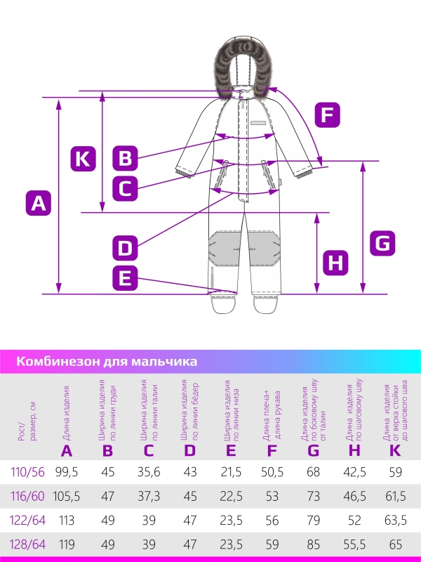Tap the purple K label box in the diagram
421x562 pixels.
point(83,158)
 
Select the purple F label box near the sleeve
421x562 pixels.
point(326,115)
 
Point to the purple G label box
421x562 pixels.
point(382,243)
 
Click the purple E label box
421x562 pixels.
point(125,279)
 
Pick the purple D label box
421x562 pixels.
point(125,247)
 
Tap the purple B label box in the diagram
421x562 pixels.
point(125,157)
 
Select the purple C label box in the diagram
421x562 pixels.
point(125,188)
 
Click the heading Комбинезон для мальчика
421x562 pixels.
point(106,362)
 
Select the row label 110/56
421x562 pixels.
point(28,471)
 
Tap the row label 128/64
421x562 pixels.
point(28,544)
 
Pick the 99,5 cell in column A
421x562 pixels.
point(67,471)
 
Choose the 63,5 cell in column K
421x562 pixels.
point(396,520)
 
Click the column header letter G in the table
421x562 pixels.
point(313,451)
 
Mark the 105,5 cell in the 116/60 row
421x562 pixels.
point(67,496)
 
